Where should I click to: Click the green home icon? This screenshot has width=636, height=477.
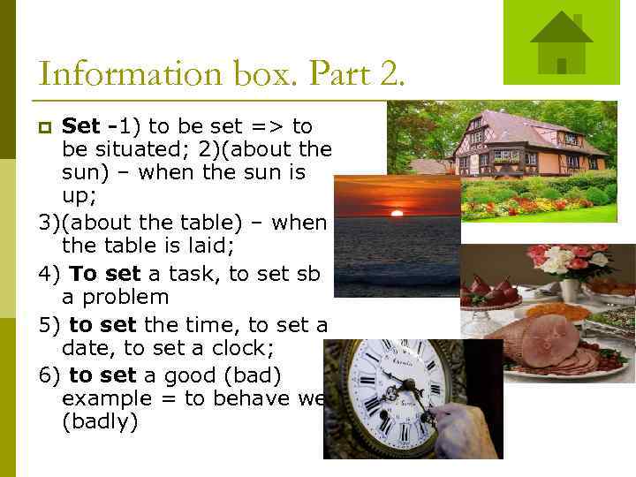tap(561, 42)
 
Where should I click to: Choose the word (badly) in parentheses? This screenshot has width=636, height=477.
tap(100, 422)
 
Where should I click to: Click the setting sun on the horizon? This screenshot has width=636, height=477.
tap(397, 213)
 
